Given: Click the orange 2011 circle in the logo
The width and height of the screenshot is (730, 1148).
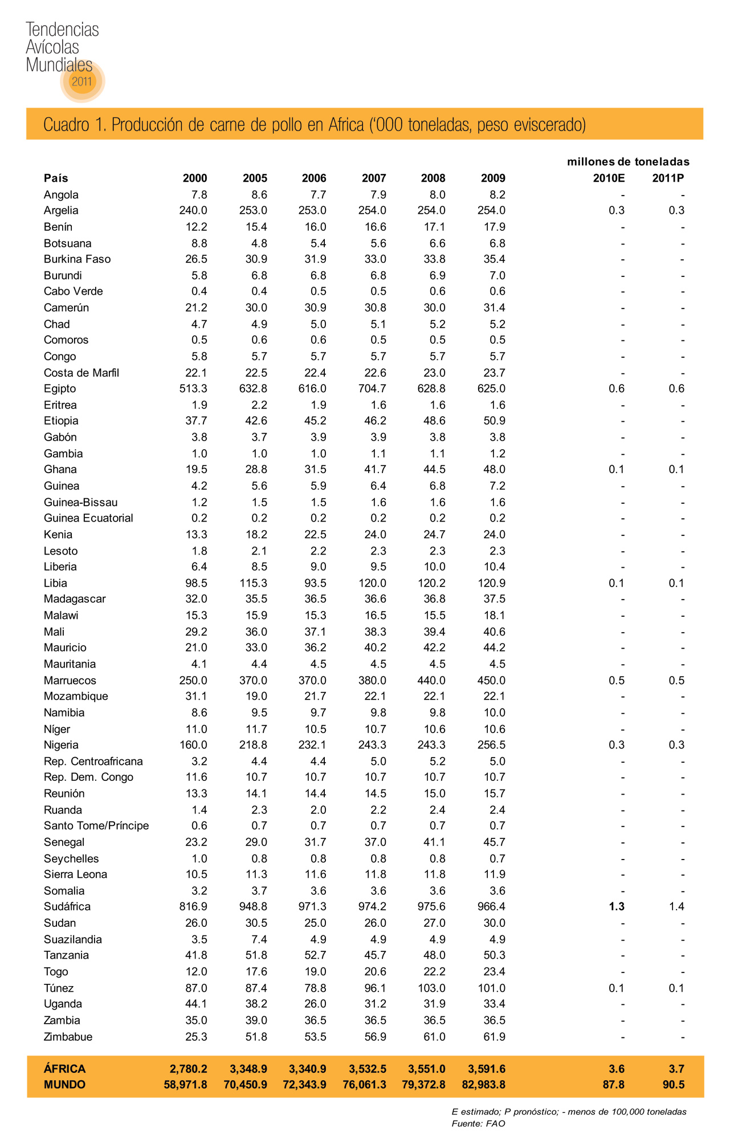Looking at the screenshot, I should coord(82,81).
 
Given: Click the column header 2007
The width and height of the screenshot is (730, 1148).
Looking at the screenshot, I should coord(374,178).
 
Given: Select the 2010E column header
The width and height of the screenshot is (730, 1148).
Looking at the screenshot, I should coord(609,178).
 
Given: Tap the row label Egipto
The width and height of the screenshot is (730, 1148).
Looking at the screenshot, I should coord(60,389).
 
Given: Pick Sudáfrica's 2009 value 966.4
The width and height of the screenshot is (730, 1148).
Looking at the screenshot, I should coord(491,907).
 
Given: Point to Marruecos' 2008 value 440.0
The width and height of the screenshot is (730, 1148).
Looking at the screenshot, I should coord(431,681).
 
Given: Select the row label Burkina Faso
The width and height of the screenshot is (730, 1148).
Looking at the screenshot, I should coord(77,259).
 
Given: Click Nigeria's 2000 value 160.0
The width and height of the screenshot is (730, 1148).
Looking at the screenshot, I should coord(193,745).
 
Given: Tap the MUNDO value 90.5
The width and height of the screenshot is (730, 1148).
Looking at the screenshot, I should coord(673,1085).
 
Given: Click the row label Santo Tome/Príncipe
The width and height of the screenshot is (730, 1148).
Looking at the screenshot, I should coord(96,826).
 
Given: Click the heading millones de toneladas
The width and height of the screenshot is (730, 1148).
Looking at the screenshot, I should coord(628,162).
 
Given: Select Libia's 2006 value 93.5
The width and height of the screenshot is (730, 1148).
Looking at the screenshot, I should coord(314,583).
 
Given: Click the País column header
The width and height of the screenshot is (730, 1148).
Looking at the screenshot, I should coord(56,178).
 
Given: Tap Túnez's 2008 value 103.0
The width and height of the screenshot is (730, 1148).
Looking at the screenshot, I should coord(431,988).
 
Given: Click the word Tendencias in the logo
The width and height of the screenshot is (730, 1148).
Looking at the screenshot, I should coord(62,30).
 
